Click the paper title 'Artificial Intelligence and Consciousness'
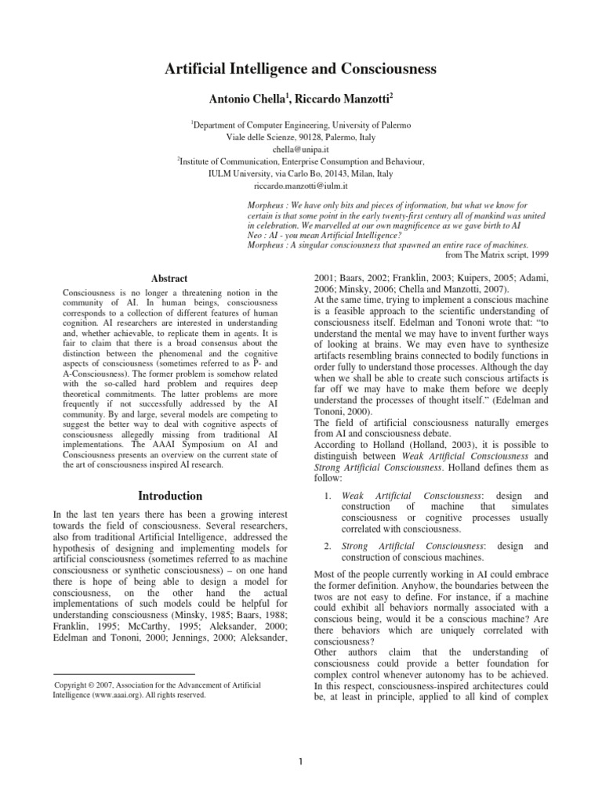(x=300, y=70)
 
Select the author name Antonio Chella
(x=242, y=100)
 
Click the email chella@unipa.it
(x=300, y=149)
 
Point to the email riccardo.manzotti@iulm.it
(x=300, y=186)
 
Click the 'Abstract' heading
(x=169, y=278)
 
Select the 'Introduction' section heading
(x=170, y=496)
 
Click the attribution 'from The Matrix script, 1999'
(x=497, y=255)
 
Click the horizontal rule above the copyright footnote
(x=123, y=674)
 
